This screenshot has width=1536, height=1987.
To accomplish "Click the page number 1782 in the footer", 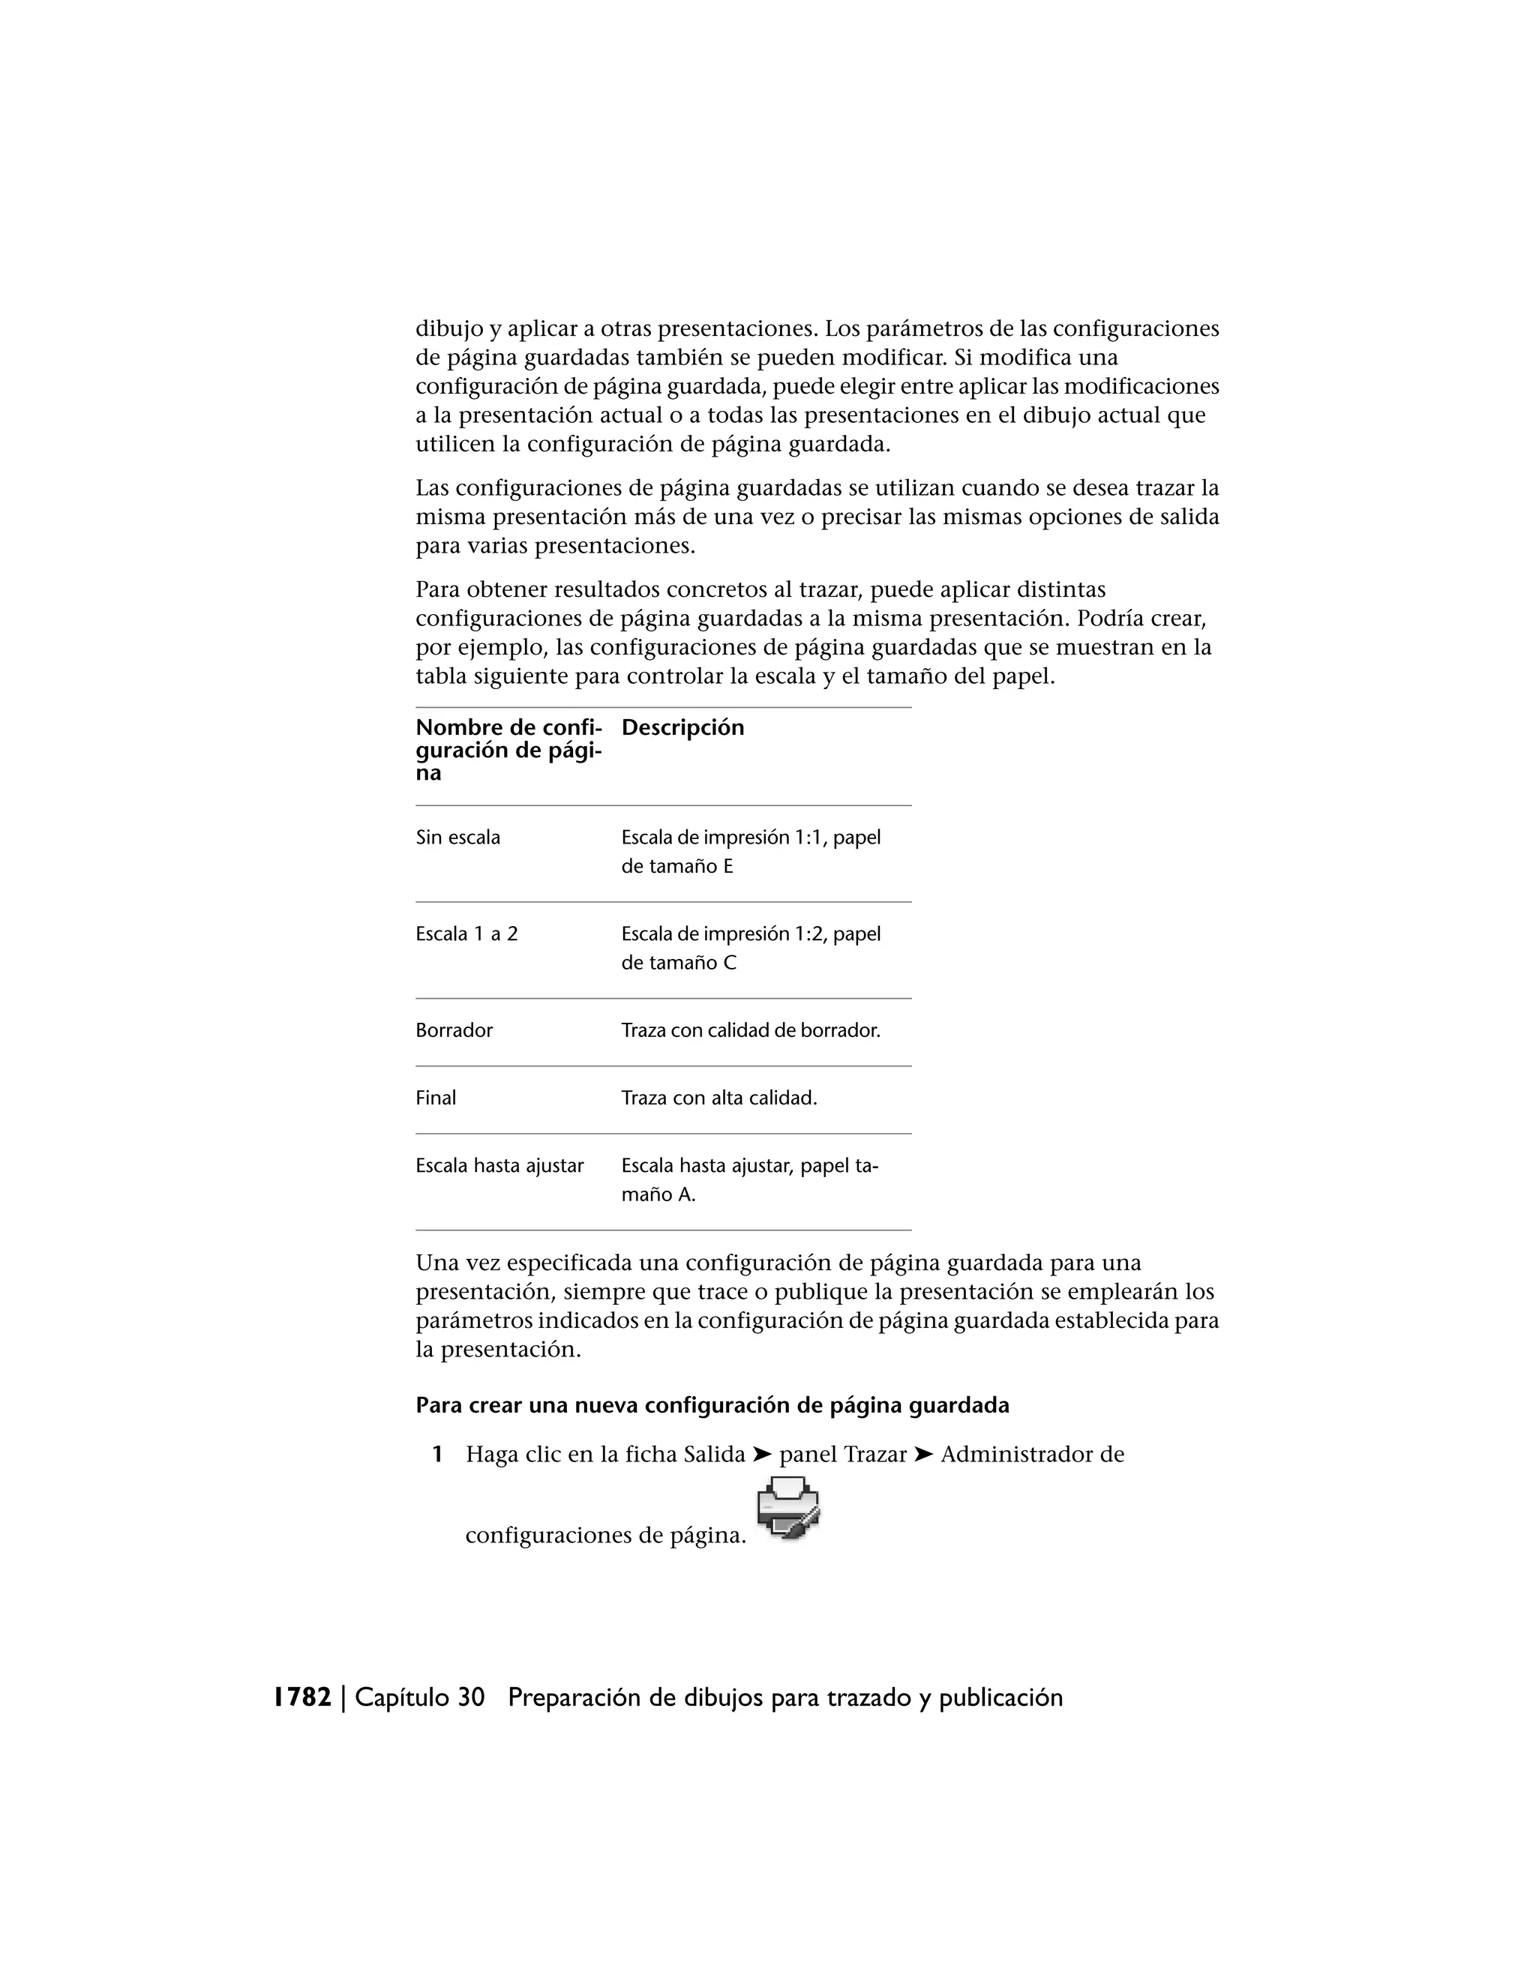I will tap(303, 1698).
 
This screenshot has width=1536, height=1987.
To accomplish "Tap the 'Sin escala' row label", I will tap(457, 837).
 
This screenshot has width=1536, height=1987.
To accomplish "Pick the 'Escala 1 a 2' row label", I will tap(466, 934).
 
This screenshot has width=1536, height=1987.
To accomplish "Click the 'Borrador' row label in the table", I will tap(454, 1030).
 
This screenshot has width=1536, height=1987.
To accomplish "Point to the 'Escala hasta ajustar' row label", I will tap(499, 1165).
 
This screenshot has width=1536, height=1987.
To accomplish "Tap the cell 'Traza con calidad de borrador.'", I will tap(751, 1030).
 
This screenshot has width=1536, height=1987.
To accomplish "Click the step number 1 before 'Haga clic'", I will tap(438, 1455).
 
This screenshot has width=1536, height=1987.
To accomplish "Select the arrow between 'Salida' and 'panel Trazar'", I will tap(763, 1455).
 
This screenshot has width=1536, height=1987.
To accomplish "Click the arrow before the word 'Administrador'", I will tap(923, 1455).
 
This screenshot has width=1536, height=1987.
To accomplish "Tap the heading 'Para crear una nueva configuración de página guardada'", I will tap(712, 1406).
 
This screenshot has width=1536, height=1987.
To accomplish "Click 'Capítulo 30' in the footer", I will tap(419, 1698).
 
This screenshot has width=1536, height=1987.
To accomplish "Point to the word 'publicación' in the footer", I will tap(1001, 1698).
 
